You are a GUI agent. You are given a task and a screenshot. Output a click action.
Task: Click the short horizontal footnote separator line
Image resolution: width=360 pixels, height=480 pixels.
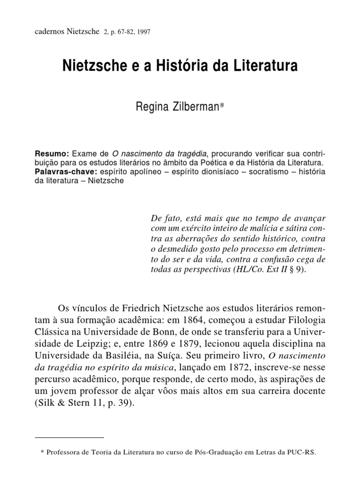click(69, 437)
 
